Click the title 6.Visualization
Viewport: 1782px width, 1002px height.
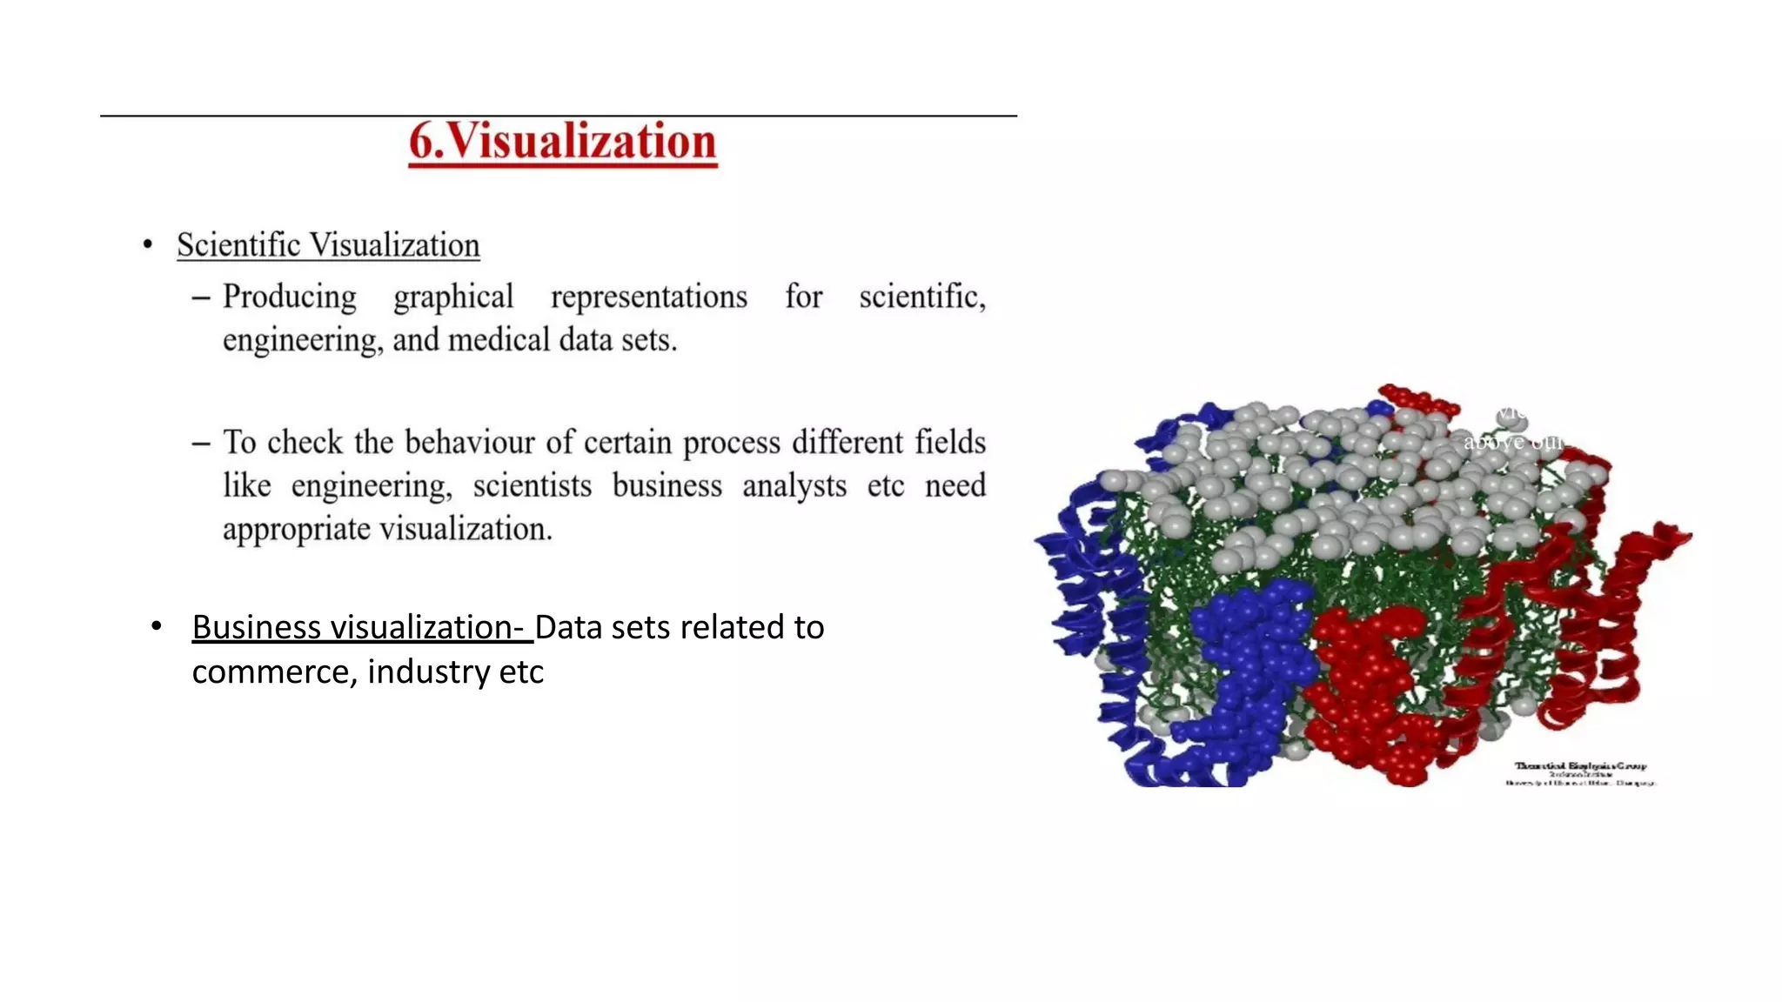[563, 142]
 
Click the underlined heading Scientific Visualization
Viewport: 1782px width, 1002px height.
[328, 245]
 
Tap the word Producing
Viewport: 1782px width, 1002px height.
[290, 297]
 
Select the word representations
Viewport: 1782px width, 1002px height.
[649, 297]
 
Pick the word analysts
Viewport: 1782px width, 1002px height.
[794, 486]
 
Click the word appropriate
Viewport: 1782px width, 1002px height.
[296, 529]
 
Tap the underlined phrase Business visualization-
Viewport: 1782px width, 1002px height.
[362, 628]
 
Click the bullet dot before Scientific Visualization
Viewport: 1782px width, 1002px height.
[148, 245]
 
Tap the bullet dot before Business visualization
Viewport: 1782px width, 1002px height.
[157, 626]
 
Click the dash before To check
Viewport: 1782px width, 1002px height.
[201, 444]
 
